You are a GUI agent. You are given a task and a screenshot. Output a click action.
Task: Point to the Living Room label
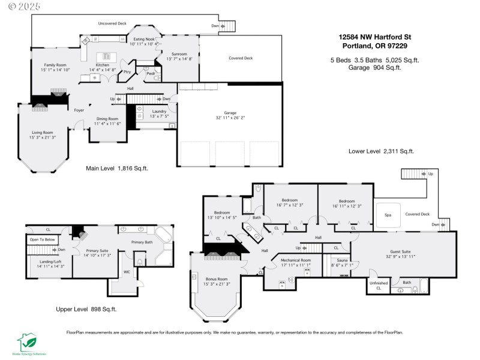pos(43,135)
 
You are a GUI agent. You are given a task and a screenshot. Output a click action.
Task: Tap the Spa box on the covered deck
pos(388,215)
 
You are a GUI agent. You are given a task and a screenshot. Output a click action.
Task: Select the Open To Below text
pos(42,240)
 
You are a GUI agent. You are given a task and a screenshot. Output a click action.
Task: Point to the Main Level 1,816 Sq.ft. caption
pos(116,169)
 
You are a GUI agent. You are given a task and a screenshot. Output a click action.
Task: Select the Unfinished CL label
pos(379,285)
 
